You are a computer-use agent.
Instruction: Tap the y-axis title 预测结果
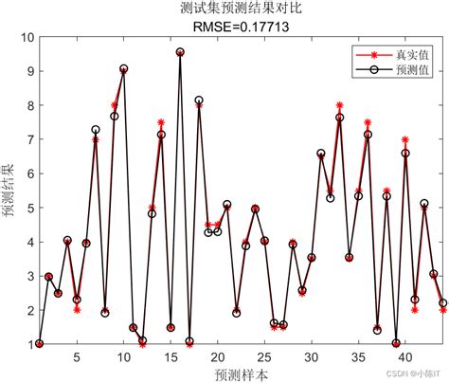[x=9, y=191]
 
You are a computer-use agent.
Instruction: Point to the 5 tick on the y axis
[x=27, y=209]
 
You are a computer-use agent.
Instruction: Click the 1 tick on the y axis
[x=27, y=344]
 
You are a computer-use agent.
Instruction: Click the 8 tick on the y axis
[x=27, y=106]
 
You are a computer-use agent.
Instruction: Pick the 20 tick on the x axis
[x=217, y=356]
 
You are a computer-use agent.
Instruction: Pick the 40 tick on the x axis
[x=404, y=356]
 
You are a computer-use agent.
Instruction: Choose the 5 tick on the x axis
[x=77, y=356]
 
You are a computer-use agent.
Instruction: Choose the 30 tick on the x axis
[x=311, y=356]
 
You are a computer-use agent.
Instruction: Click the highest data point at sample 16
[x=180, y=52]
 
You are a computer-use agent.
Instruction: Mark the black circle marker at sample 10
[x=124, y=69]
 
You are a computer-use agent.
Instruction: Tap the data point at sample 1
[x=40, y=344]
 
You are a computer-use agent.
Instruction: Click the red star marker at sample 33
[x=339, y=105]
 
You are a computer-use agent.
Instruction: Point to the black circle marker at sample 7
[x=96, y=129]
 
